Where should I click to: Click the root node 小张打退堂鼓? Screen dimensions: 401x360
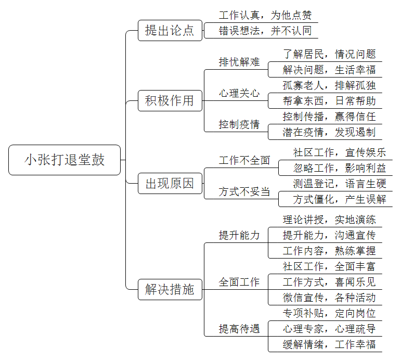point(64,160)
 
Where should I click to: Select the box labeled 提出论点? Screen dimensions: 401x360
point(170,31)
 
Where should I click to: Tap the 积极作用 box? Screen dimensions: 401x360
point(170,100)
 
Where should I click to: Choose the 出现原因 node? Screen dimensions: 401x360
point(170,184)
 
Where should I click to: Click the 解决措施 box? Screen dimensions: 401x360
point(170,289)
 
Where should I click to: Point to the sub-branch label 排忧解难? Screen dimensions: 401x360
point(239,62)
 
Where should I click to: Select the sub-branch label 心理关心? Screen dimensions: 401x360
point(239,93)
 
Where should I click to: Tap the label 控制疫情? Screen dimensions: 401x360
point(239,124)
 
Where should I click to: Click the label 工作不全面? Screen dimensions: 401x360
point(244,160)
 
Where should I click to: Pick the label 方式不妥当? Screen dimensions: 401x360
point(244,191)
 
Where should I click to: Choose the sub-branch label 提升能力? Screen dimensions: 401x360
point(239,235)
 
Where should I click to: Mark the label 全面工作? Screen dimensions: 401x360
point(239,282)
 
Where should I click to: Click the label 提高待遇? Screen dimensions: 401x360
point(239,329)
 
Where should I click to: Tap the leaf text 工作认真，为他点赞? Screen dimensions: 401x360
point(265,16)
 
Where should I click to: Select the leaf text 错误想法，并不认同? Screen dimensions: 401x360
point(265,31)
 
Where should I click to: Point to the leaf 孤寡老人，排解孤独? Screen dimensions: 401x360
point(329,85)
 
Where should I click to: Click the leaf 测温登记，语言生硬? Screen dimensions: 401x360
point(339,184)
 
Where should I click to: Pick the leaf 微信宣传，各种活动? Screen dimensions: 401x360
point(329,298)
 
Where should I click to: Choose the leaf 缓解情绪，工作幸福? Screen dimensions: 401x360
point(329,344)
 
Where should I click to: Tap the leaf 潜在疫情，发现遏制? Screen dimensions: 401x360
point(329,132)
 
